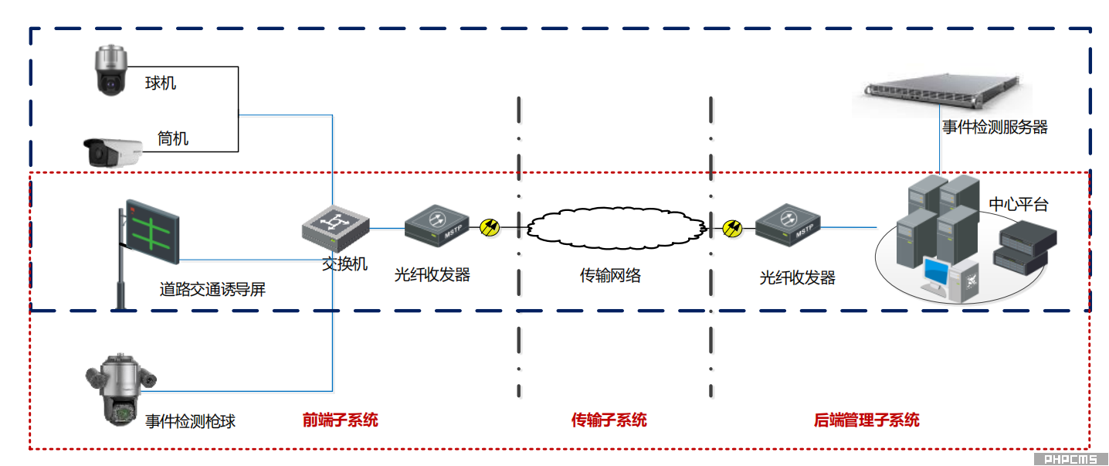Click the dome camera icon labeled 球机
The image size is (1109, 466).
tap(110, 70)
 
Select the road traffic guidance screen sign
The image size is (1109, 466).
tap(152, 230)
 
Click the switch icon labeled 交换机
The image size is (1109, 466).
tap(334, 226)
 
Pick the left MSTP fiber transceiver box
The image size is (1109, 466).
tap(436, 225)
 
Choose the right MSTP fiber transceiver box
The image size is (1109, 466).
tap(787, 224)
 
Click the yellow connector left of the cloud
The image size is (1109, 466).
tap(490, 227)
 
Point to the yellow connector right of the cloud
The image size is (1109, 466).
tap(732, 227)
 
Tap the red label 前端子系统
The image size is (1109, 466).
tap(340, 420)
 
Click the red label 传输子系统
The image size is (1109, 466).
tap(609, 420)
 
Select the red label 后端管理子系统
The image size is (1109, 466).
tap(867, 420)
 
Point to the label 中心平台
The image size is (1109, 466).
tap(1019, 205)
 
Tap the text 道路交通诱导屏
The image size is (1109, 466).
tap(212, 290)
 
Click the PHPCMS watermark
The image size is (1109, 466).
tap(1070, 459)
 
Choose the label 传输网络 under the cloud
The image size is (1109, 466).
tap(610, 276)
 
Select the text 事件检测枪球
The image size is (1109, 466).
tap(190, 421)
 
